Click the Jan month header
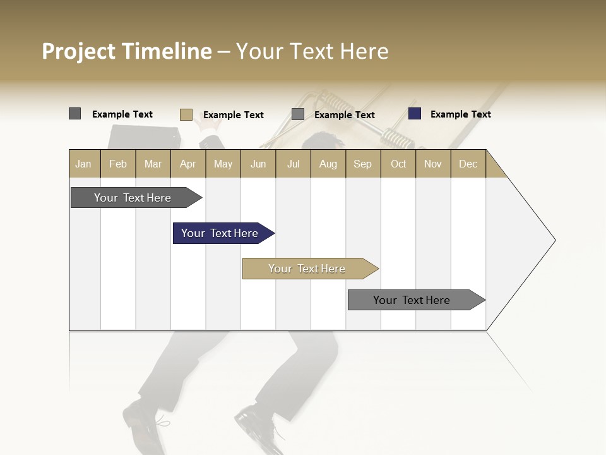tap(84, 164)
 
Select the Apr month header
tap(188, 164)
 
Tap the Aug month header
tap(328, 164)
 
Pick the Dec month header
tap(468, 164)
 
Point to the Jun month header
tap(258, 164)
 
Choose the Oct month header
tap(398, 164)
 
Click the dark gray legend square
tap(74, 114)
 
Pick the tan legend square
tap(186, 114)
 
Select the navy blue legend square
tap(414, 114)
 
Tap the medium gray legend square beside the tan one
tap(298, 114)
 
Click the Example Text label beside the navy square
tap(460, 114)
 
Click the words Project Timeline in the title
tap(126, 51)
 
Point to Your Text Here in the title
tap(312, 51)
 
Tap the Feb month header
tap(118, 164)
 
